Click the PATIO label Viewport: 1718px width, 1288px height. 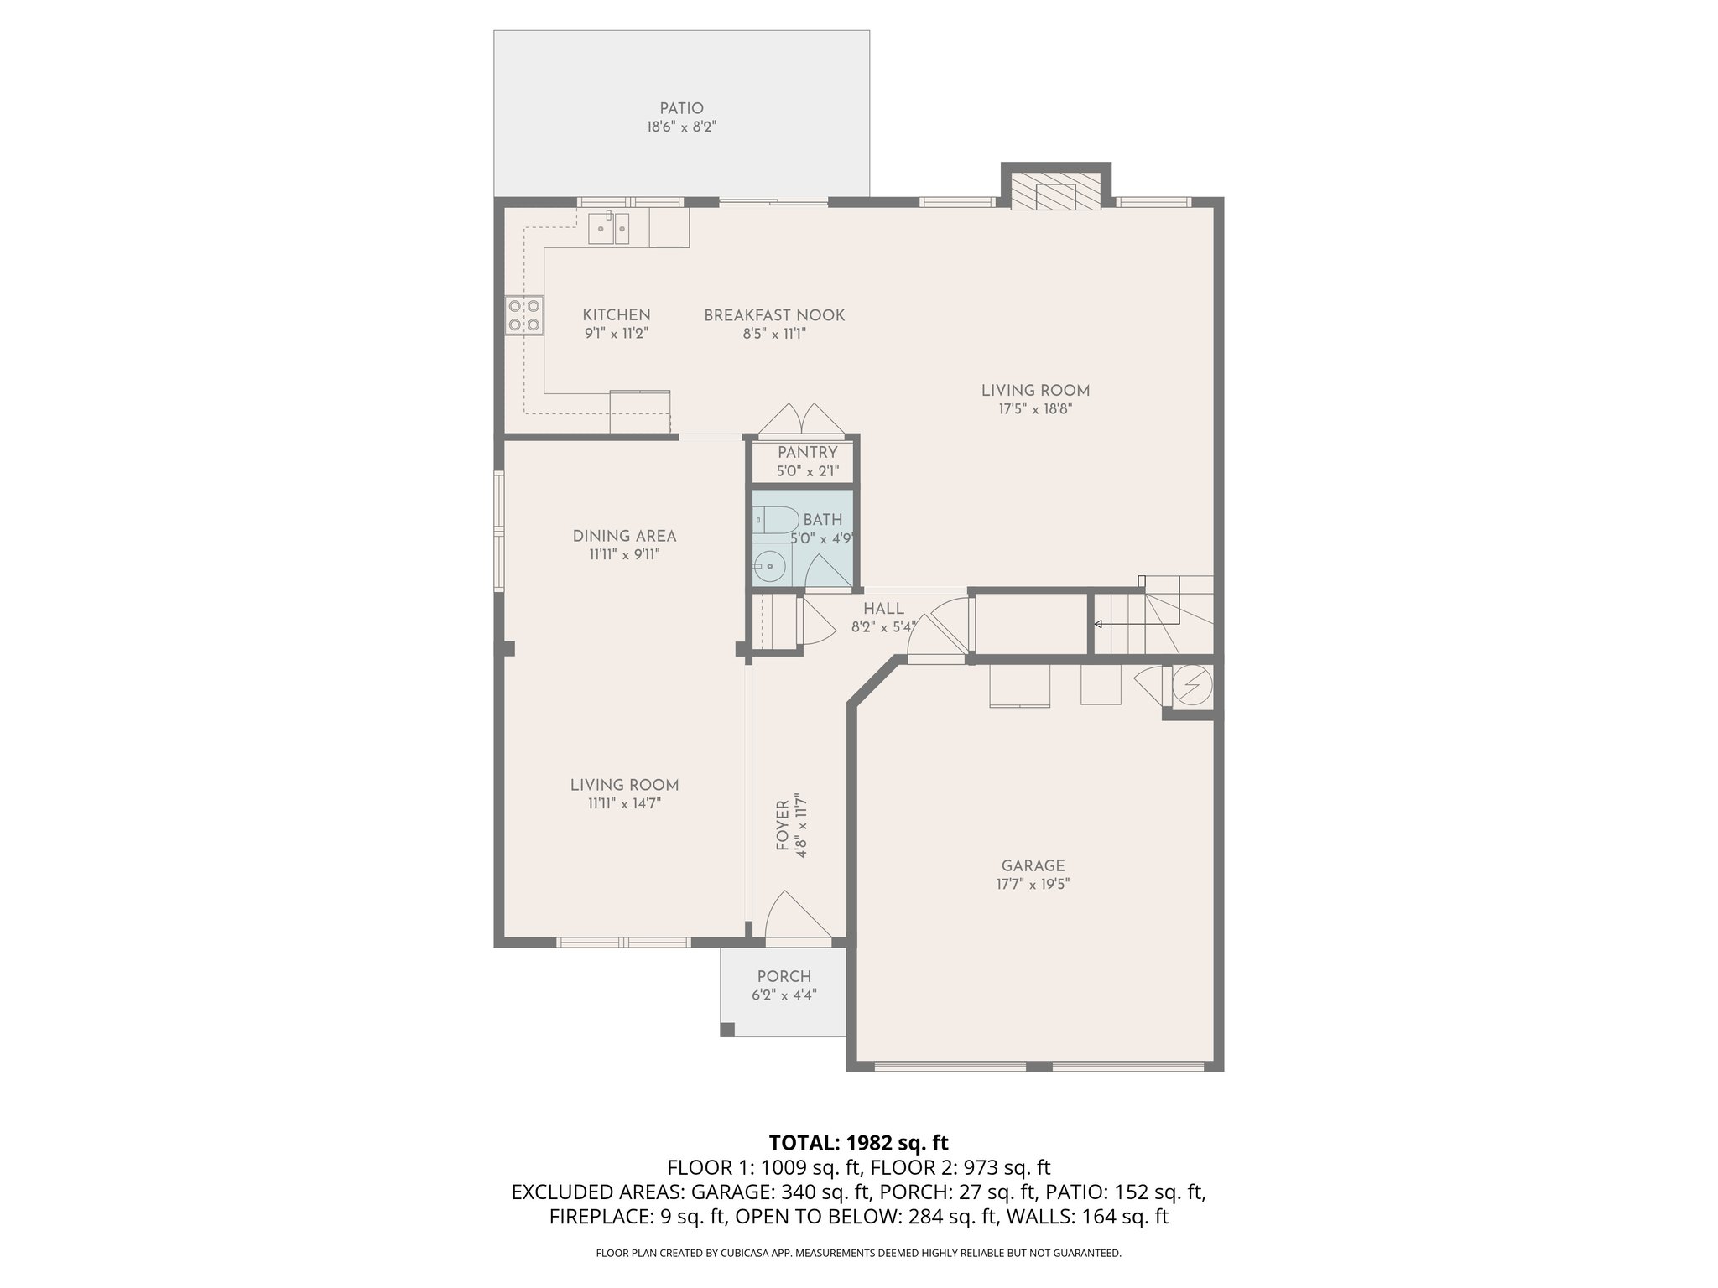[681, 108]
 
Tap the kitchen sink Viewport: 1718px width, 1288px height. [609, 228]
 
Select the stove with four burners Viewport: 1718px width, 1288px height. [523, 315]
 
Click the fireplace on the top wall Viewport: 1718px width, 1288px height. [1056, 192]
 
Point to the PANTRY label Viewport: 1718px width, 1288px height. [807, 453]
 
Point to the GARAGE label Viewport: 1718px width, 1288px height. [1033, 865]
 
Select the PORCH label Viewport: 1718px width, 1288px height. [784, 976]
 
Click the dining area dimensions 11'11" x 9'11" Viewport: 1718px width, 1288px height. [624, 554]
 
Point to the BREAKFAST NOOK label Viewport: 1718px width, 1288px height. [774, 315]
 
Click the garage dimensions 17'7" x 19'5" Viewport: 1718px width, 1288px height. [1033, 884]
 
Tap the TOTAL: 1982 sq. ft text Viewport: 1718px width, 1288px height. [858, 1142]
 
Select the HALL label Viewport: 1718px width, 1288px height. [883, 609]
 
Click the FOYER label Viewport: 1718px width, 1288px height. [783, 825]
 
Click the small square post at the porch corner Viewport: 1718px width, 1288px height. [728, 1029]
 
